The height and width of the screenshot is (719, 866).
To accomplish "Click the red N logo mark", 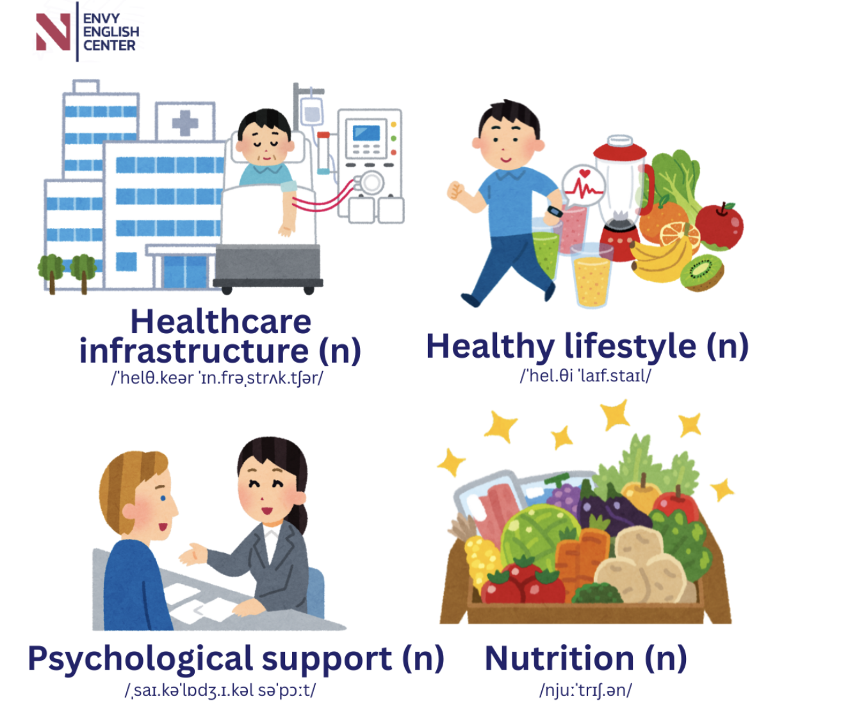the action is pyautogui.click(x=53, y=31).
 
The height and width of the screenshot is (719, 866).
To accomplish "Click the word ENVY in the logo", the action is pyautogui.click(x=101, y=19).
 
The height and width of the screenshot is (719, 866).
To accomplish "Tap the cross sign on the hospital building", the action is pyautogui.click(x=185, y=123).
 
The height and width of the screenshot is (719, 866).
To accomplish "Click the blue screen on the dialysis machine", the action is pyautogui.click(x=366, y=133).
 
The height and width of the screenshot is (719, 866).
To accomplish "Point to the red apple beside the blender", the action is pyautogui.click(x=719, y=226).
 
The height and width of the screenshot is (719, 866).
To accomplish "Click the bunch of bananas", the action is pyautogui.click(x=660, y=260).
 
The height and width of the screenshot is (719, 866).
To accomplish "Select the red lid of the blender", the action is pyautogui.click(x=620, y=149).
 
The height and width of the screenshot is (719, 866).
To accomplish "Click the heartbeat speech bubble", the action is pyautogui.click(x=583, y=186).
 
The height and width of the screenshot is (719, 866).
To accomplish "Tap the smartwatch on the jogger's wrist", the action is pyautogui.click(x=555, y=211).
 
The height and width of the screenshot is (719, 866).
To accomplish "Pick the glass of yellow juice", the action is pyautogui.click(x=591, y=276).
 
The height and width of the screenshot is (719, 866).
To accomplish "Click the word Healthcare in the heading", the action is pyautogui.click(x=221, y=322).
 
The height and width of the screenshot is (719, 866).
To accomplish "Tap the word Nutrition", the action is pyautogui.click(x=559, y=658).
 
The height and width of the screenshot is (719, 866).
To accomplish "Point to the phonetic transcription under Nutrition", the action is pyautogui.click(x=585, y=690).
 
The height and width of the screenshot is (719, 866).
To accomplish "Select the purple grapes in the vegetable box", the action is pyautogui.click(x=565, y=498).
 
